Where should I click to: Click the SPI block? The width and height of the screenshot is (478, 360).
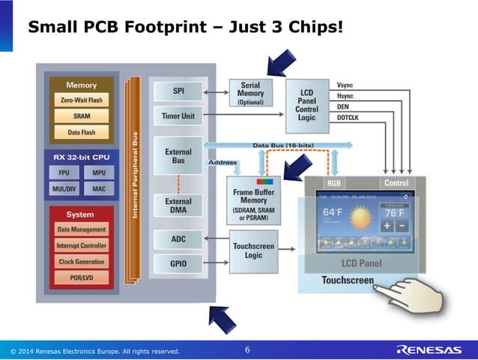coord(178,91)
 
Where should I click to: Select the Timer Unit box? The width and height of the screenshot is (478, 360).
coord(178,116)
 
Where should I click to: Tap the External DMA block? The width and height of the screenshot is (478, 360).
coord(178,205)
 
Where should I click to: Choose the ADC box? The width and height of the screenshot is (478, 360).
coord(178,239)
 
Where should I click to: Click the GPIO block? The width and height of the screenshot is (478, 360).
coord(178,264)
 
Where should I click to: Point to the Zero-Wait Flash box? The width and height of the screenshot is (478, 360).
coord(81,100)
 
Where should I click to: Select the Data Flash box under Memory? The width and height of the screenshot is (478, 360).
coord(81,131)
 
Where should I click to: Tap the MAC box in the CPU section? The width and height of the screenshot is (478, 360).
coord(99,189)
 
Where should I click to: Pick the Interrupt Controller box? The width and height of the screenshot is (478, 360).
coord(81,245)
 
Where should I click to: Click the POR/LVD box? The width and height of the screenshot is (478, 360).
coord(81,277)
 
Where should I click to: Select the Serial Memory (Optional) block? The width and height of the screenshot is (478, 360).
coord(250,94)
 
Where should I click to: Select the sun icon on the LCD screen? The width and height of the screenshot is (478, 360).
coord(363,219)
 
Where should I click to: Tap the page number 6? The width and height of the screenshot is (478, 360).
coord(248,350)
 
